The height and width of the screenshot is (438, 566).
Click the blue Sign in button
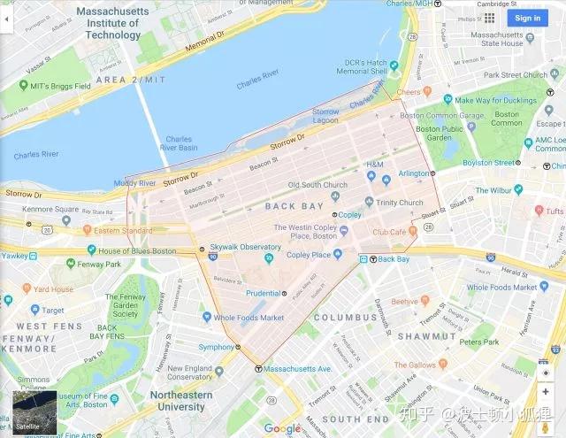point(527,18)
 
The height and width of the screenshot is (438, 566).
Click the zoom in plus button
point(546,392)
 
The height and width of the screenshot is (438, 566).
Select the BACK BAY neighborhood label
point(293,206)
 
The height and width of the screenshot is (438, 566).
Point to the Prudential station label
point(263,293)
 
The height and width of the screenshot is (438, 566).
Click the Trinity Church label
point(399,203)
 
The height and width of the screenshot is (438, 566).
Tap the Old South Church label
point(317,185)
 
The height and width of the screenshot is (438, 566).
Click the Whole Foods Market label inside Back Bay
point(249,318)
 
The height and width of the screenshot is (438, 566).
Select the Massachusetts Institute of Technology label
point(112,23)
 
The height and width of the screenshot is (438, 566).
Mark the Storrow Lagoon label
point(325,116)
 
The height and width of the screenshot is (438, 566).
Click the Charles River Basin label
point(180,143)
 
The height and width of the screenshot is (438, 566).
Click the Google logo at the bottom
point(282,428)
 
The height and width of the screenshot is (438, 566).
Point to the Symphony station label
point(216,347)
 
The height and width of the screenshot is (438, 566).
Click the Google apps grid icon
point(489,18)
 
